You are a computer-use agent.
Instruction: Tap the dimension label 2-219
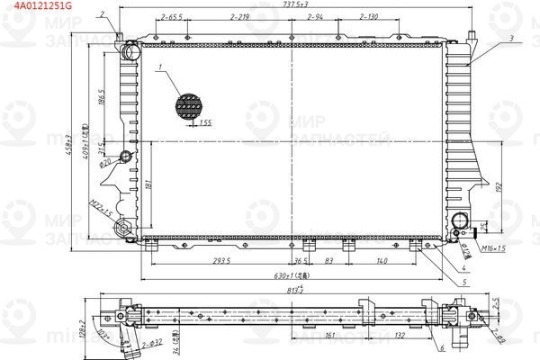(x=239, y=17)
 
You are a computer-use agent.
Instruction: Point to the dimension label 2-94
(x=315, y=17)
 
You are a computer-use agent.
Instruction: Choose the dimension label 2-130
(x=369, y=17)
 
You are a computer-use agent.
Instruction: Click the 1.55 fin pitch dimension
(x=205, y=122)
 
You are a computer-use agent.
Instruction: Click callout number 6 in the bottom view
(x=443, y=347)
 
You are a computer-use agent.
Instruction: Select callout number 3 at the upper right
(x=510, y=38)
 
